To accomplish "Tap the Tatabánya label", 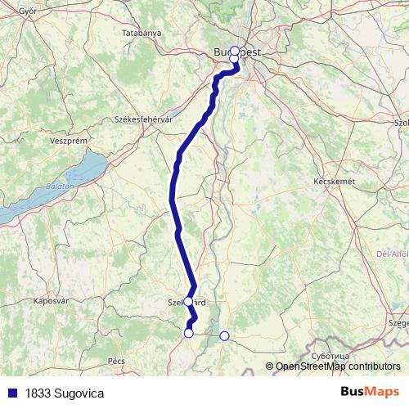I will point(142,34).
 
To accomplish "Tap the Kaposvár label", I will point(49,301).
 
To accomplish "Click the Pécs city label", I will point(115,360).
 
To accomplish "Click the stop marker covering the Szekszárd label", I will point(189,301).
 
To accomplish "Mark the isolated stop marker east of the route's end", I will point(224,335).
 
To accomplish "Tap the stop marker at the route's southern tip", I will point(189,332).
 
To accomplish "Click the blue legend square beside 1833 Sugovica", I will point(11,393).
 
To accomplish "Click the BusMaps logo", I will point(370,393).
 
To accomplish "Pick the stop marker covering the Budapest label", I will point(235,51).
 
